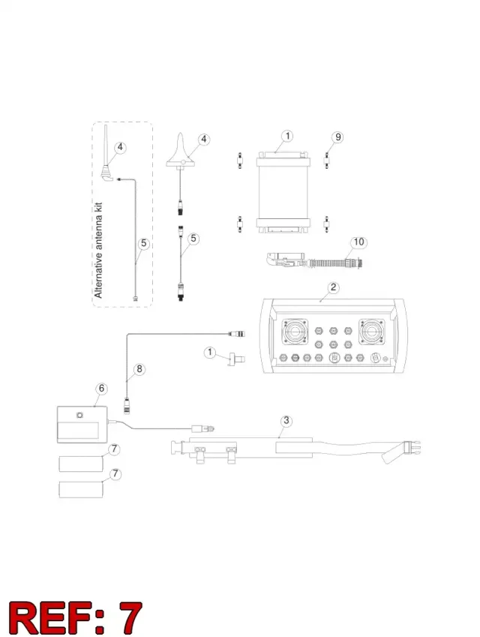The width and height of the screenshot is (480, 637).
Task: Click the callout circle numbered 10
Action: coord(358,242)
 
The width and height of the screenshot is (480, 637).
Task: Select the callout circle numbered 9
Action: coord(337,137)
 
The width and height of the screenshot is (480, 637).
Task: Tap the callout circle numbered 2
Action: coord(334,287)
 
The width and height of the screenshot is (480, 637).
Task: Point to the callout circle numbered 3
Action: coord(286,420)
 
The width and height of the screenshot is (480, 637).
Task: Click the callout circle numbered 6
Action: coord(101,389)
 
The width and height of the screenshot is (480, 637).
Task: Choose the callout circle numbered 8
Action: coord(139,369)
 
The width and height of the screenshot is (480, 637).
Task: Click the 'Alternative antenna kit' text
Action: coord(98,251)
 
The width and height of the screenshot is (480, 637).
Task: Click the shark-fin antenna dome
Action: coord(181,155)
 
